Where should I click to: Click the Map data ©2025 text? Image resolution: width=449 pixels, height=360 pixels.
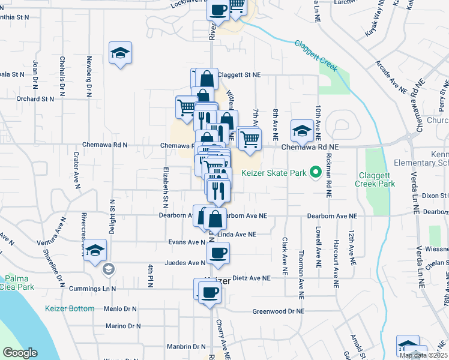[x=423, y=355]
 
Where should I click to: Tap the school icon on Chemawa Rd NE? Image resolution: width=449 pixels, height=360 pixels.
[x=301, y=130]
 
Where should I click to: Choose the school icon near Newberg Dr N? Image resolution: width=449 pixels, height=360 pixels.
[x=120, y=53]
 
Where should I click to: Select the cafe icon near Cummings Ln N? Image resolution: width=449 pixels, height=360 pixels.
[x=209, y=293]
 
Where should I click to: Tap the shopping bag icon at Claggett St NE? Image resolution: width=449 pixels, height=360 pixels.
[x=206, y=79]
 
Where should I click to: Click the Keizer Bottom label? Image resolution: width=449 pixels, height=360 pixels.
[x=70, y=308]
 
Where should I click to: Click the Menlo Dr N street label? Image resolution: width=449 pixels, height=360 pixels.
[x=121, y=309]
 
